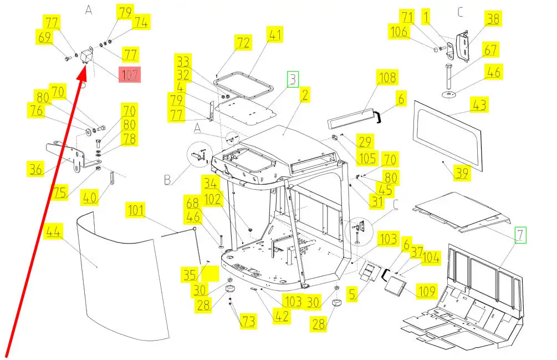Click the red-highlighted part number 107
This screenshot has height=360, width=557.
pos(130,75)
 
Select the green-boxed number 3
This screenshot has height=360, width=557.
pos(293,79)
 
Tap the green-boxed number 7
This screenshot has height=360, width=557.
pos(520,235)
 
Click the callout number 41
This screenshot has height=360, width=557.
pos(274,34)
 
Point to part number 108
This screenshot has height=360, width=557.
pos(387,77)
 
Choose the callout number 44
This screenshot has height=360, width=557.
pos(53,231)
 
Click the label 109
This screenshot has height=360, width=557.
pos(426,291)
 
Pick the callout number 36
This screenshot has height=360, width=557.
pos(36,169)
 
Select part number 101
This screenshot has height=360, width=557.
pos(136,210)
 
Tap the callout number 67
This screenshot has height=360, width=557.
pos(490,49)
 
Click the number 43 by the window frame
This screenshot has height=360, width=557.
pos(479,105)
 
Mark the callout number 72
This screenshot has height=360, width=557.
pos(243,43)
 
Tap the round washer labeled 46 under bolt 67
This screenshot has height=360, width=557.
pos(449,95)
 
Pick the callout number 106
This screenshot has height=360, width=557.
pos(398,32)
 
